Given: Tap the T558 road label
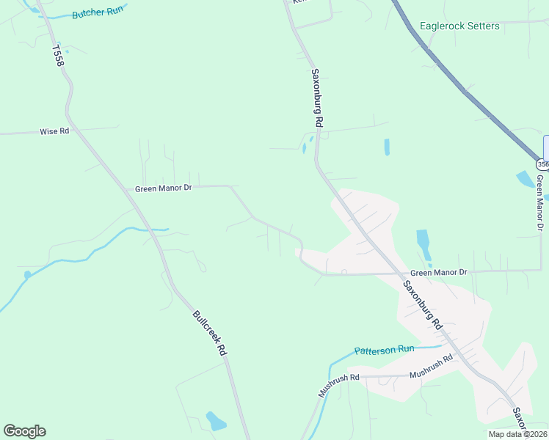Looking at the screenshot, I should click(59, 56).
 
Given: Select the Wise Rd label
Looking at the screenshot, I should click(54, 132).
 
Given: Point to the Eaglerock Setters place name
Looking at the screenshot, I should click(459, 26).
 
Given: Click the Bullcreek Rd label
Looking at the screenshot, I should click(209, 333).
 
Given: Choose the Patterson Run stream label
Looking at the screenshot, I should click(385, 351).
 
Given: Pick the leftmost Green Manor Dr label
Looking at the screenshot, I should click(163, 188).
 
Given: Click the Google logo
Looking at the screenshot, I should click(24, 431).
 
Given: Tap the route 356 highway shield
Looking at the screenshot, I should click(541, 164).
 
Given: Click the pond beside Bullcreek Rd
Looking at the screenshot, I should click(216, 421).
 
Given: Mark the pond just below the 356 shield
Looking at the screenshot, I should click(526, 179).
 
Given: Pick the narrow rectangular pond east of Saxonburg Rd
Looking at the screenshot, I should click(386, 147).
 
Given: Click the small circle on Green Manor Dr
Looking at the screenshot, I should click(344, 273).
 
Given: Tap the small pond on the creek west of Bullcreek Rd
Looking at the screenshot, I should click(28, 276).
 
